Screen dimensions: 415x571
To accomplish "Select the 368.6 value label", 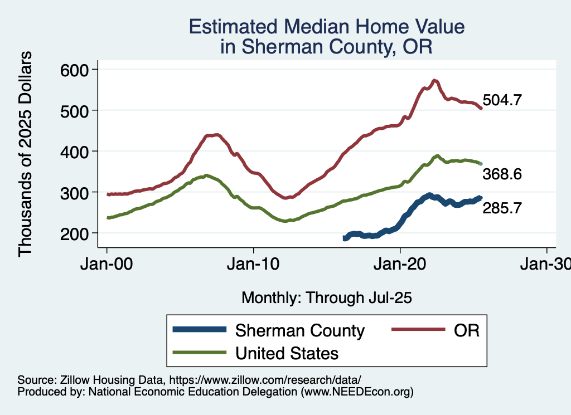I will click(x=502, y=175).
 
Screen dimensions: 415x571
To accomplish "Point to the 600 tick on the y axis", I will click(x=75, y=70).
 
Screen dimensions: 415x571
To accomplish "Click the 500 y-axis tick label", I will click(x=75, y=111).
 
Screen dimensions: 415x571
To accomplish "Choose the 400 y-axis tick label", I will click(x=75, y=152).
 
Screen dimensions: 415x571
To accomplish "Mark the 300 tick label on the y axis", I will click(x=75, y=193).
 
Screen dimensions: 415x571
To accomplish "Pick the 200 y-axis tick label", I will click(x=75, y=233).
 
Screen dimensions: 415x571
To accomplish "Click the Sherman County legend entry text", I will click(x=300, y=330).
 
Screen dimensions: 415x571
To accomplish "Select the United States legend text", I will click(x=287, y=353).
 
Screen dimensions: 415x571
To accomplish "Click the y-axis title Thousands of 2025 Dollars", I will click(x=26, y=153).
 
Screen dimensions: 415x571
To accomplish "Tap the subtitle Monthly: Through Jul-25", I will click(x=326, y=298).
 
